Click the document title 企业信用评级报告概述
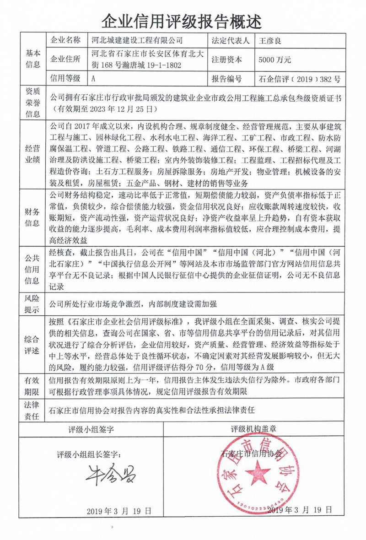pos(183,20)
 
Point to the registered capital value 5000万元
pos(274,59)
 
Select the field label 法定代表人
pos(231,40)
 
